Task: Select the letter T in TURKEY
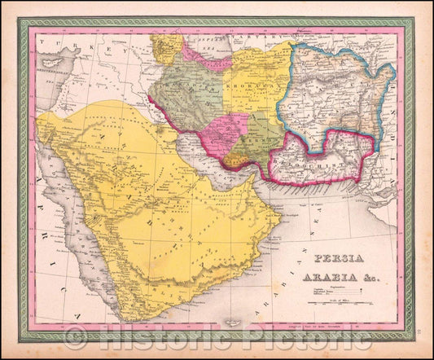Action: (x=51, y=38)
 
